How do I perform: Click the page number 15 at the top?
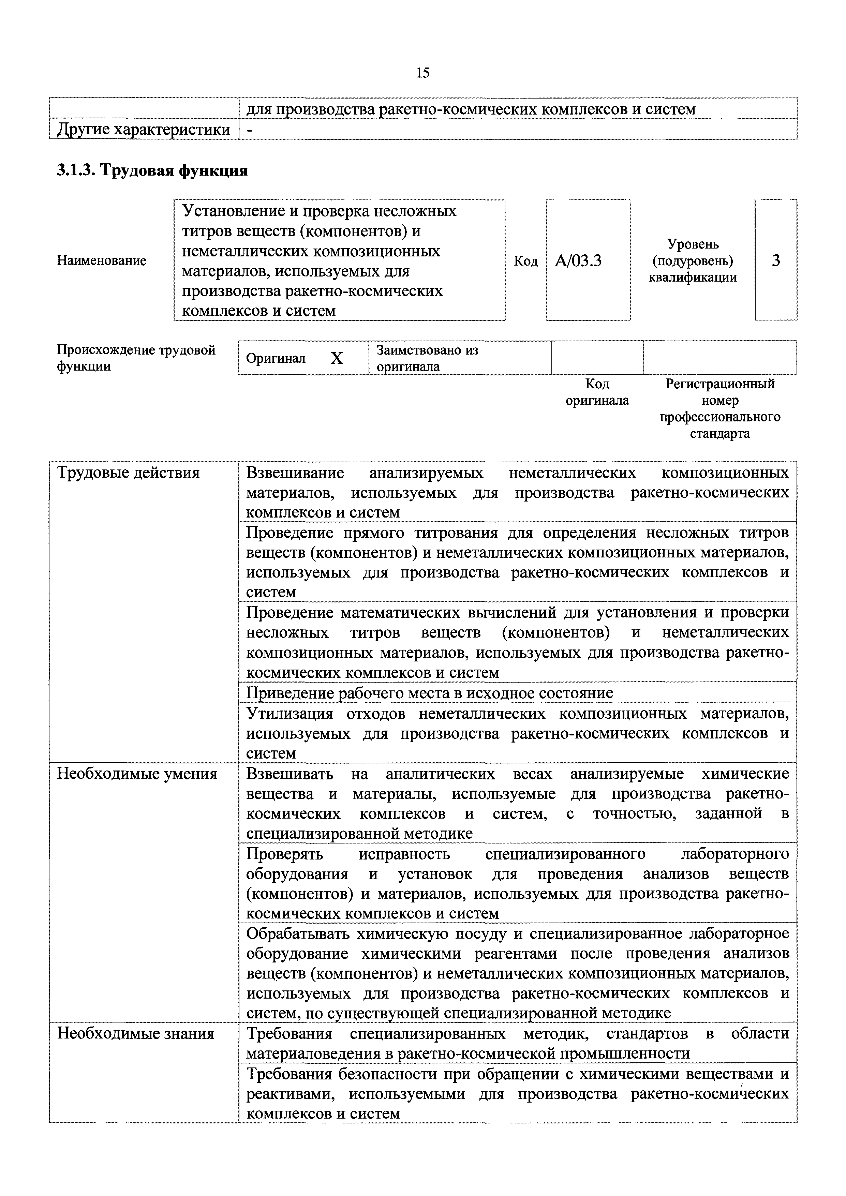point(422,73)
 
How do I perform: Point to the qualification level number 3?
point(776,260)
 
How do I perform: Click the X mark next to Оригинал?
point(337,358)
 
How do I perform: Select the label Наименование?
point(102,260)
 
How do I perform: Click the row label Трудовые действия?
point(128,473)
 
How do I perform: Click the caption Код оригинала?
point(597,392)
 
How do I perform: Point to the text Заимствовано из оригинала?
point(427,358)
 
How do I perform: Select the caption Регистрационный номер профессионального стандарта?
point(720,408)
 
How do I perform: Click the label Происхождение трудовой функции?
point(135,358)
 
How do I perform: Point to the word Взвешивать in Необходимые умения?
point(289,774)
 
